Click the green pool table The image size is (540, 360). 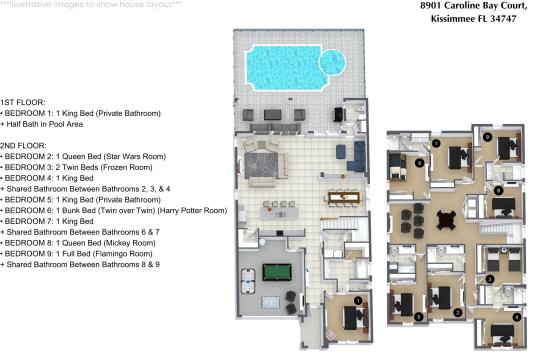(x=277, y=272)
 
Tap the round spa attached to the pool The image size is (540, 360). (x=332, y=62)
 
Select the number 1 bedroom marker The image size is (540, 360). (x=358, y=301)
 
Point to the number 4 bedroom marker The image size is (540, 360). (x=517, y=317)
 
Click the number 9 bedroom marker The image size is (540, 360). (x=486, y=137)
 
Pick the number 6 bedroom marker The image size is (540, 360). (x=419, y=163)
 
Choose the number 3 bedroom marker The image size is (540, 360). (x=489, y=279)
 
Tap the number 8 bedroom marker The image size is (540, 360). (x=498, y=190)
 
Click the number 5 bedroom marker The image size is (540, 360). (x=418, y=316)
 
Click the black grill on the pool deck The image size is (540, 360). (x=339, y=114)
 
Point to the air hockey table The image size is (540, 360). (x=248, y=281)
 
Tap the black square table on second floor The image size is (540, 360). (x=446, y=220)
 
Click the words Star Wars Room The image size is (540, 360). (x=137, y=156)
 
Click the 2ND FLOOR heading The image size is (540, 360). (x=23, y=146)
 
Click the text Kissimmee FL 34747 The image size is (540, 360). (x=474, y=19)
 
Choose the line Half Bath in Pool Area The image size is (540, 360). (x=42, y=124)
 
